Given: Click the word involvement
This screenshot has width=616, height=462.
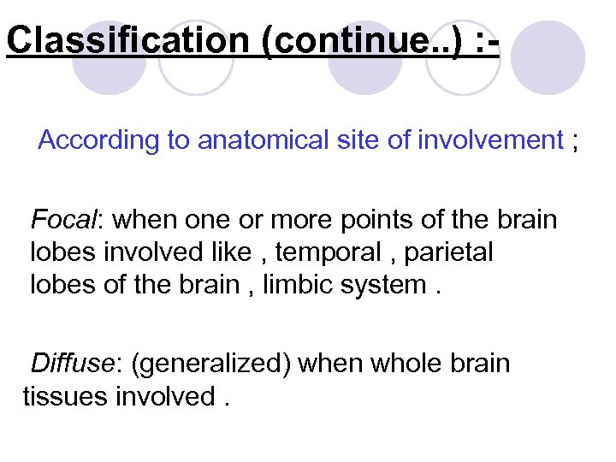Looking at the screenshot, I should coord(490,140).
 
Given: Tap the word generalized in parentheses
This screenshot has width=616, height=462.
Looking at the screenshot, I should coord(215,364).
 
